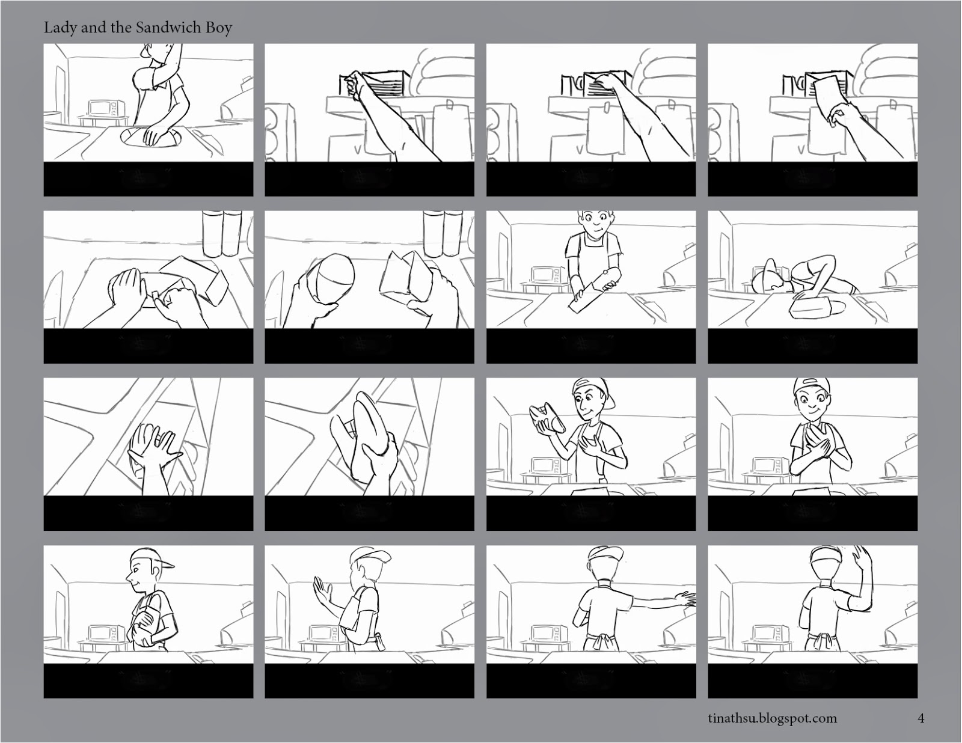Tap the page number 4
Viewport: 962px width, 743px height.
921,718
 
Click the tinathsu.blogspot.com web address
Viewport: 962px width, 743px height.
772,718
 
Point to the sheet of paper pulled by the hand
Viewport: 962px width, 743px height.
830,100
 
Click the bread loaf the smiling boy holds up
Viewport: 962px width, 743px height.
548,417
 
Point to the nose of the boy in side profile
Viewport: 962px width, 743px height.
129,576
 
